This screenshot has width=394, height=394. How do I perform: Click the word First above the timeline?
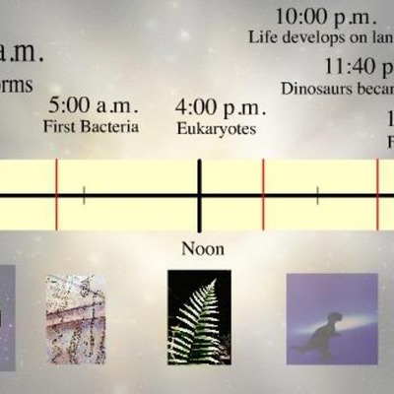(x=60, y=127)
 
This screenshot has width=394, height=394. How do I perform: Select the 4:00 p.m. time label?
(x=218, y=106)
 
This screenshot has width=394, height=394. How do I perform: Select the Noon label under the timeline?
(x=202, y=248)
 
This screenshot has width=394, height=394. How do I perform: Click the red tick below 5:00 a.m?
(x=56, y=195)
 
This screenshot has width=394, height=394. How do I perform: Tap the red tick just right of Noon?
(x=263, y=195)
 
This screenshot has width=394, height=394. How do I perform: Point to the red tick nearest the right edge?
(x=377, y=195)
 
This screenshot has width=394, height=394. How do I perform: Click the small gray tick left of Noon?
(x=84, y=195)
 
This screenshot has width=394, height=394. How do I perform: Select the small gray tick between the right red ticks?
(x=317, y=195)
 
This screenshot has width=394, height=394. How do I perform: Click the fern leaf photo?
(x=199, y=317)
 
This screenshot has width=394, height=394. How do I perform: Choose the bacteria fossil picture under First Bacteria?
(x=76, y=318)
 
